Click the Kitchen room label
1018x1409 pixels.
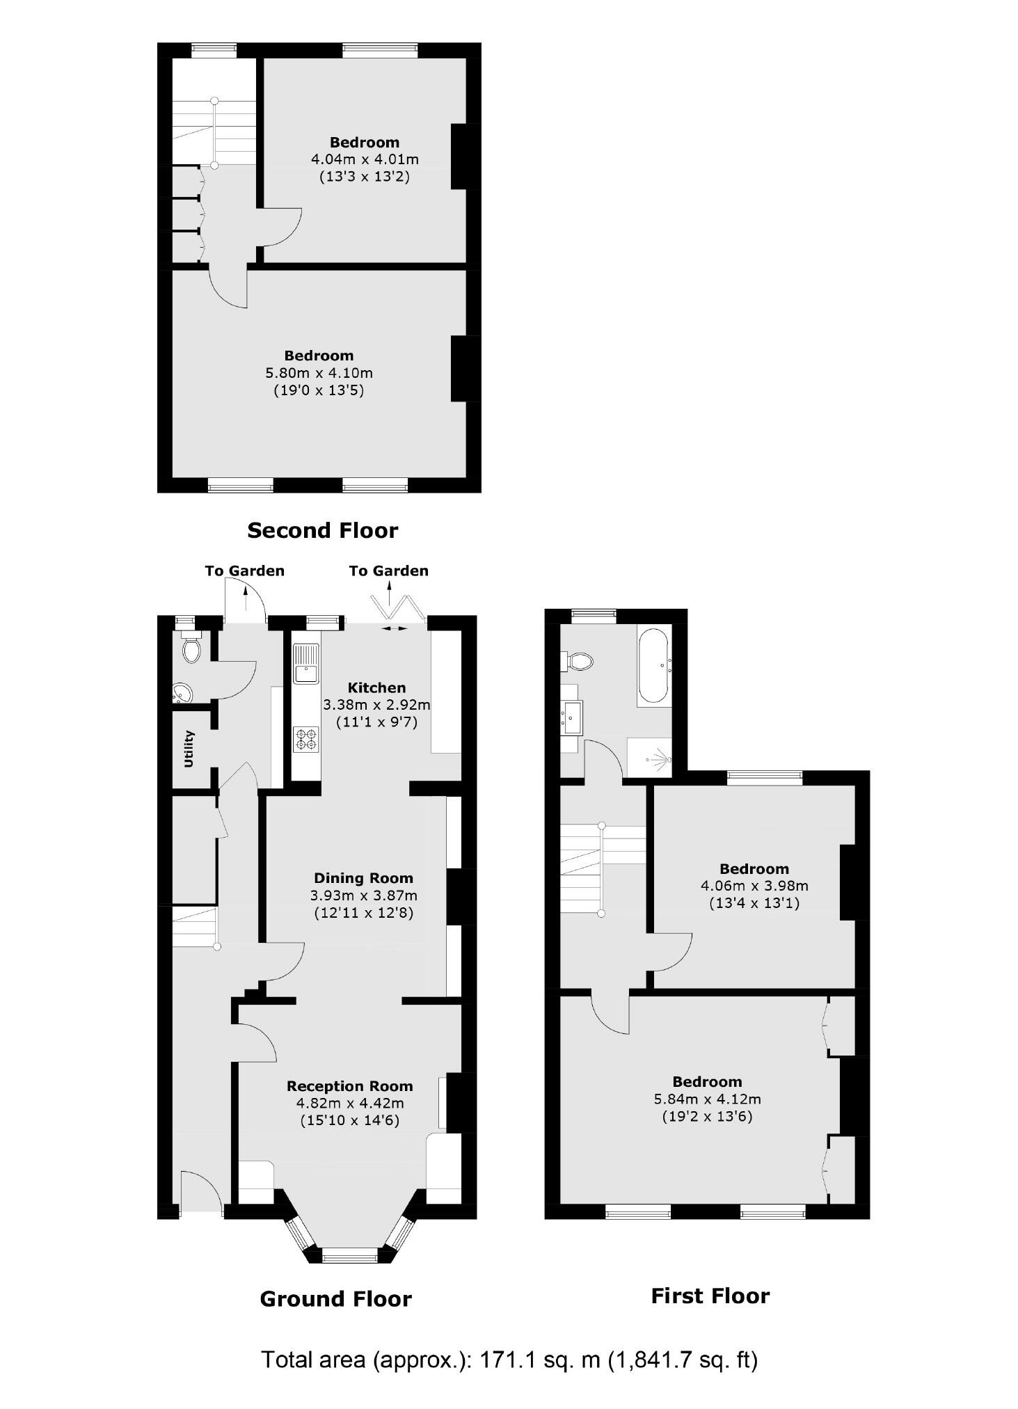pyautogui.click(x=377, y=687)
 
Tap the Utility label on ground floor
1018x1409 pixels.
pyautogui.click(x=189, y=749)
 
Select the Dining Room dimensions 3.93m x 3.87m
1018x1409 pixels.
pyautogui.click(x=363, y=895)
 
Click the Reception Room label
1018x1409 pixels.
pyautogui.click(x=349, y=1086)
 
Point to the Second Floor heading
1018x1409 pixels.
pyautogui.click(x=322, y=531)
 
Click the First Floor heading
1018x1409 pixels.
pyautogui.click(x=710, y=1296)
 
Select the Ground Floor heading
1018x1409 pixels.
pyautogui.click(x=335, y=1299)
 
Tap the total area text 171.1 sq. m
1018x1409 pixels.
pyautogui.click(x=509, y=1359)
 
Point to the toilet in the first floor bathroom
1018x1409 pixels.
pyautogui.click(x=578, y=661)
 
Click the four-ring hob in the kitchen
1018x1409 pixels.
pyautogui.click(x=306, y=739)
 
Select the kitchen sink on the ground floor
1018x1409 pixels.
pyautogui.click(x=306, y=664)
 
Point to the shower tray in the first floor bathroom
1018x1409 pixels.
pyautogui.click(x=649, y=758)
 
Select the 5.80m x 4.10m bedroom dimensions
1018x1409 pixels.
pyautogui.click(x=319, y=373)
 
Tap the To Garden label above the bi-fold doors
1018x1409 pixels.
pyautogui.click(x=388, y=571)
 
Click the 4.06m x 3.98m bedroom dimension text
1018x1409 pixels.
pyautogui.click(x=754, y=886)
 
